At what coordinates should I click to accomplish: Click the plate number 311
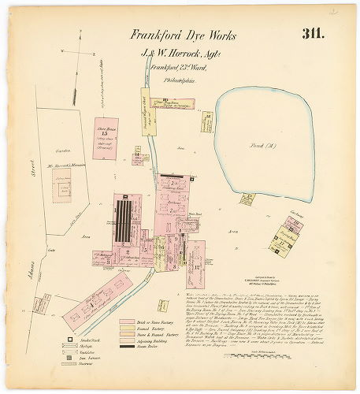[314, 34]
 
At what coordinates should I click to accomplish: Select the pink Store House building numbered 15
[105, 139]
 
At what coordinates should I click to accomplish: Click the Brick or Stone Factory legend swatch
[126, 322]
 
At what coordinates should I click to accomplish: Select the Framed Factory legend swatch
[126, 329]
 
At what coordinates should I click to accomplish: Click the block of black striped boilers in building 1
[124, 221]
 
